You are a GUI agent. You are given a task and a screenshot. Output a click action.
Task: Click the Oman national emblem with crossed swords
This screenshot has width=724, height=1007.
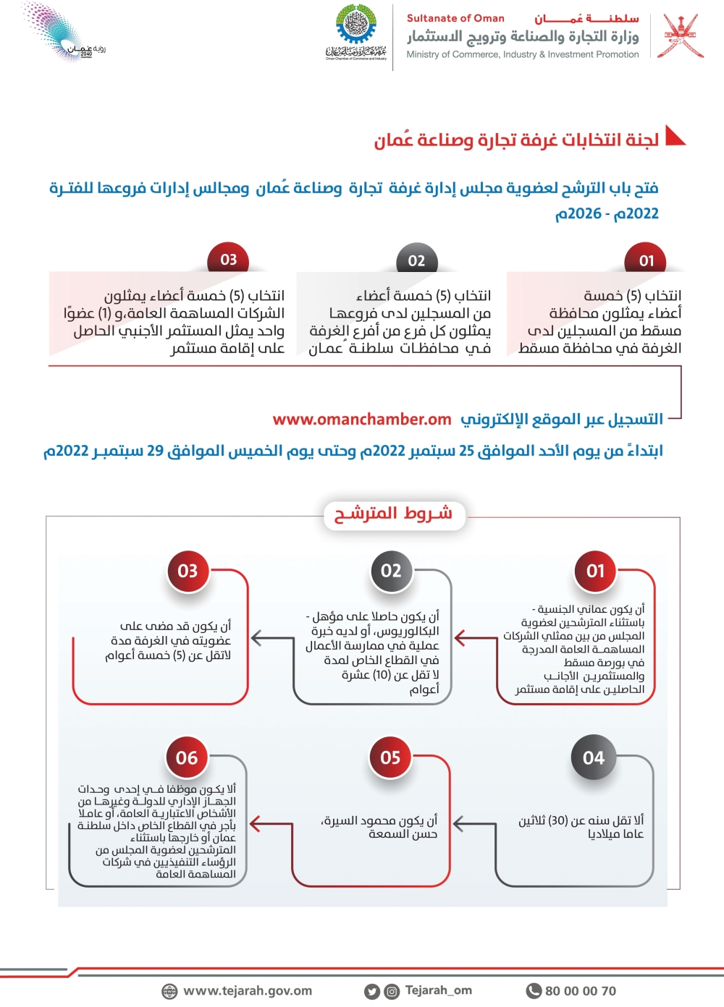pos(681,35)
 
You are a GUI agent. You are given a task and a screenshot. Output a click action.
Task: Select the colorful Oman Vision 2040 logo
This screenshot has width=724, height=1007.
pos(62,33)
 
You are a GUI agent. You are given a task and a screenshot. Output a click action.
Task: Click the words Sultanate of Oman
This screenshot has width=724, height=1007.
pos(455,18)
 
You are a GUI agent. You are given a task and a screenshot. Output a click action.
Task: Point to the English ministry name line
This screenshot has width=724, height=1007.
pos(523,54)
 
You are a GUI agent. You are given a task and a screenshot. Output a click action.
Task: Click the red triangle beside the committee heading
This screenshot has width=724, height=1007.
pos(675,136)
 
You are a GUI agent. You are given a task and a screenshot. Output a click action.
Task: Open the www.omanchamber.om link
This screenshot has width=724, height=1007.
pos(362,420)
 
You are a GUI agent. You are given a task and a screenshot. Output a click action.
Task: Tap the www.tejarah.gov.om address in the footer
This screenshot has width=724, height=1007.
pos(248,991)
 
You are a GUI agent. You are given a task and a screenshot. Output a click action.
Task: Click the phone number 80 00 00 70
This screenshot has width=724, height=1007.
pos(580,991)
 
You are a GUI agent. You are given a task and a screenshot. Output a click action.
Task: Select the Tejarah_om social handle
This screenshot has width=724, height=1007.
pos(438,990)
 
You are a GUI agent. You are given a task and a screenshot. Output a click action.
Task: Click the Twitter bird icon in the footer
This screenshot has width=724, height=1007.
pos(372,992)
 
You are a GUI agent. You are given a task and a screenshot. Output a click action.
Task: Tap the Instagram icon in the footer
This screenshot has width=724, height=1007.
pos(391,992)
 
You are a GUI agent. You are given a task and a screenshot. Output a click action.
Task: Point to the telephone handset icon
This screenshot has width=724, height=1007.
pos(534,991)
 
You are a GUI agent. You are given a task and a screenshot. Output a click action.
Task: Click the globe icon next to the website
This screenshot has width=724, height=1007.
pos(169,991)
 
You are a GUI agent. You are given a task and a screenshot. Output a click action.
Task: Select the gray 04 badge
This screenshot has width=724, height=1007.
pos(594,757)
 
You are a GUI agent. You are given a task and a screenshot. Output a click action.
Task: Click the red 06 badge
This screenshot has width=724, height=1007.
pos(187,757)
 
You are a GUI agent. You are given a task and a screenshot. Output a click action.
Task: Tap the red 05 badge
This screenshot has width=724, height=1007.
pos(390,757)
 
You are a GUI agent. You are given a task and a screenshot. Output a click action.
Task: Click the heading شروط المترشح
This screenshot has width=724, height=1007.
pos(393,514)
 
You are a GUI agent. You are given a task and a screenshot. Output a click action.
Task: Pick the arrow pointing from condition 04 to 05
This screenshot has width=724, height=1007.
pos(464,823)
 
